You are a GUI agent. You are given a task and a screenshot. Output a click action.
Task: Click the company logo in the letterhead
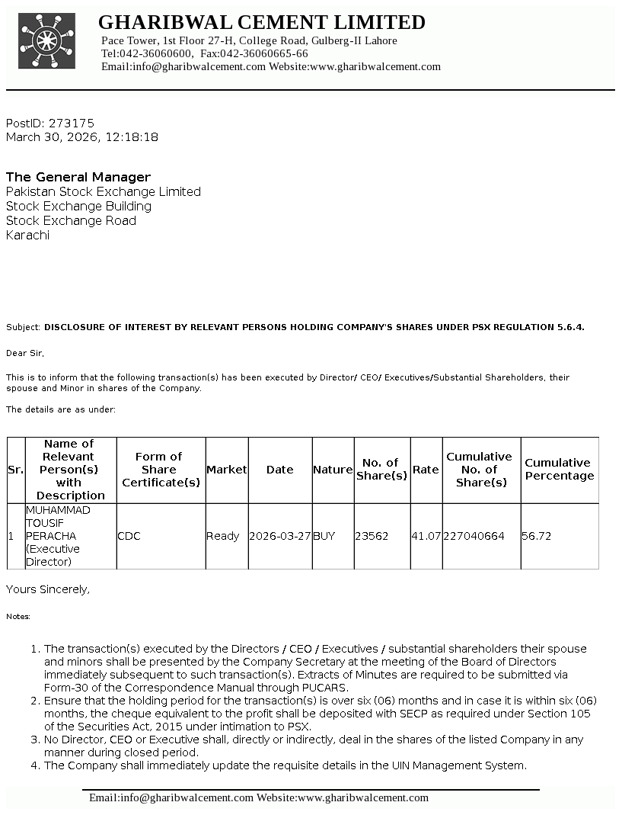pos(47,42)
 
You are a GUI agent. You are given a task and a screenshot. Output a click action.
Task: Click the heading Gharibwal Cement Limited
pos(261,22)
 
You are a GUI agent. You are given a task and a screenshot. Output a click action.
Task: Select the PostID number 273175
pos(72,123)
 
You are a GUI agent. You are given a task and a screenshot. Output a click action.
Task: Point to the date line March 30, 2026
pos(82,137)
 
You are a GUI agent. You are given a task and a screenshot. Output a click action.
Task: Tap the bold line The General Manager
pos(78,177)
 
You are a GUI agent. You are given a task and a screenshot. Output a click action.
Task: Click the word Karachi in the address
pos(27,235)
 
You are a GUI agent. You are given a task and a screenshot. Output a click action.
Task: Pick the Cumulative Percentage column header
pos(559,469)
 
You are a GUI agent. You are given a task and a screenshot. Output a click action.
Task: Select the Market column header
pos(227,470)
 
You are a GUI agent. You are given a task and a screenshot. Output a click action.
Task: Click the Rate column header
pos(426,470)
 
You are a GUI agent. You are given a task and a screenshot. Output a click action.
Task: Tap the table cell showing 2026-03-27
pos(280,536)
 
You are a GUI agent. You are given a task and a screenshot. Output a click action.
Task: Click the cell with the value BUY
pos(324,536)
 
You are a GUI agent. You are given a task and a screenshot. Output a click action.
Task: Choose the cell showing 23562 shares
pos(372,536)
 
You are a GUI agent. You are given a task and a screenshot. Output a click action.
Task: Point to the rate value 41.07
pos(426,536)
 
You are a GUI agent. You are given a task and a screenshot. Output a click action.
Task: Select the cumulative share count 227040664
pos(474,536)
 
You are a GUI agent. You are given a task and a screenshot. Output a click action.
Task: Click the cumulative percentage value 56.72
pos(536,536)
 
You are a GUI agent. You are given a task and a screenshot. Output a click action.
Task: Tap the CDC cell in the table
pos(129,536)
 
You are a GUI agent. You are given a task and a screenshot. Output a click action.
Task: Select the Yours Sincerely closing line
pos(48,589)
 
